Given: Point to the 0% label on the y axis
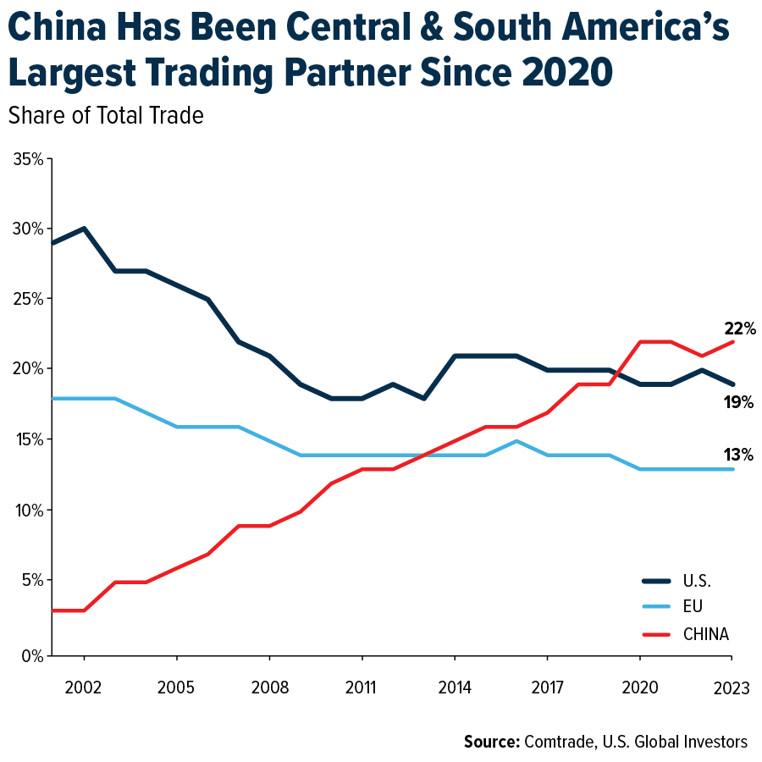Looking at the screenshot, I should tap(31, 655).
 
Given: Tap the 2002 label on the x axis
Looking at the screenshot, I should tap(84, 687).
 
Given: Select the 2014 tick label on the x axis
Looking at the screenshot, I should tap(455, 687).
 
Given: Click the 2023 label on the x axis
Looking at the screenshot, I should tap(732, 687).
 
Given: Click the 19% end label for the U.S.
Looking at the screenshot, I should tap(738, 402).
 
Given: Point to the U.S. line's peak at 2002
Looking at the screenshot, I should tap(84, 229).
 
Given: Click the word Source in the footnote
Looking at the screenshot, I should tap(491, 742).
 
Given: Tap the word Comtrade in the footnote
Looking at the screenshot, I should tap(559, 742).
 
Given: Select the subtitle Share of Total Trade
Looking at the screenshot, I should tap(106, 116).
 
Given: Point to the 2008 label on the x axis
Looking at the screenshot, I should tap(269, 687).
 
